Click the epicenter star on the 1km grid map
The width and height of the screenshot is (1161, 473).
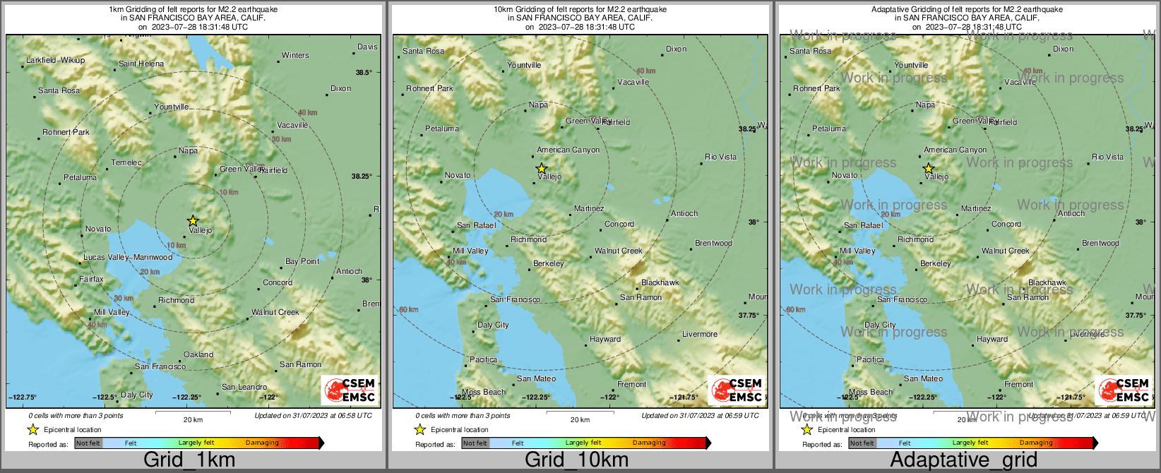(x=193, y=221)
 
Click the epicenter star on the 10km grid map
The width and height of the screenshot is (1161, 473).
(x=541, y=169)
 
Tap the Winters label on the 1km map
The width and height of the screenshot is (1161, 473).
(x=295, y=55)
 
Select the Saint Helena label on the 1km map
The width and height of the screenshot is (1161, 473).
(x=141, y=64)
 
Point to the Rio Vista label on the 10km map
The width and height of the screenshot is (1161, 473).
(x=720, y=157)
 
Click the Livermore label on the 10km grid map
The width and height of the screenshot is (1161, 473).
(x=699, y=334)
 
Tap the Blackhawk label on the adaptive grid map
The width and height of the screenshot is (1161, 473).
(x=1047, y=282)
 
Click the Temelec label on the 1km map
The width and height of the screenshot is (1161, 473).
(x=126, y=162)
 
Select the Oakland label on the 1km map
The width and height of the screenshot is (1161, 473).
(x=198, y=354)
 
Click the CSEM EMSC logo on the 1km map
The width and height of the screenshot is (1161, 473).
(x=350, y=390)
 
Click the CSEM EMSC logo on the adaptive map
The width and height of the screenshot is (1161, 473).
(x=1124, y=390)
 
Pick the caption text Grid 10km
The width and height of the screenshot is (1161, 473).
(x=576, y=460)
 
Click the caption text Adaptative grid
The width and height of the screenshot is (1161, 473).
(x=963, y=460)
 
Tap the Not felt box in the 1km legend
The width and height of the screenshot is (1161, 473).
(x=88, y=443)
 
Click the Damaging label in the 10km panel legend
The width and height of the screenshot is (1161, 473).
(x=649, y=443)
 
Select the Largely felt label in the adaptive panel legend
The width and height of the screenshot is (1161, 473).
(x=970, y=443)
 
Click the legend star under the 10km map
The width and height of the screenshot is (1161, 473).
(x=419, y=429)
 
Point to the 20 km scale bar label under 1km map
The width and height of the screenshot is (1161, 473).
(x=193, y=419)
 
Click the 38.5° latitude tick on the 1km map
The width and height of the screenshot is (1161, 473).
(x=364, y=72)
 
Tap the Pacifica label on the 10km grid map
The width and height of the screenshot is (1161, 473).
(x=483, y=359)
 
